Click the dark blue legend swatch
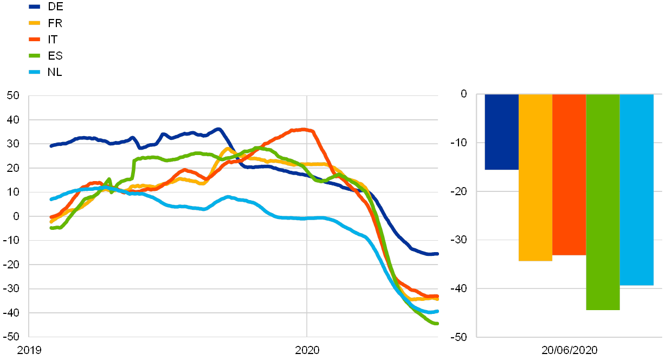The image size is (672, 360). [x=35, y=7]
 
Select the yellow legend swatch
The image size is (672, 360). [x=35, y=23]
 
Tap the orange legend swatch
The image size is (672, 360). [x=35, y=39]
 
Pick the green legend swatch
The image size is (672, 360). [x=35, y=55]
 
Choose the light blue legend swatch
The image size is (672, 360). [x=35, y=72]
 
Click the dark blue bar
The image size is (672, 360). [x=501, y=132]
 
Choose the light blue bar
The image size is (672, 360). [x=637, y=190]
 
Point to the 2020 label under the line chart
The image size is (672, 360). [x=307, y=350]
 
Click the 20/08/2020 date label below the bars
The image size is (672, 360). [x=569, y=350]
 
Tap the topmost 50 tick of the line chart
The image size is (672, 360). [x=14, y=95]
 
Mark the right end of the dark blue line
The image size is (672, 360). [x=437, y=254]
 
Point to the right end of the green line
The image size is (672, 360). [x=437, y=323]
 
